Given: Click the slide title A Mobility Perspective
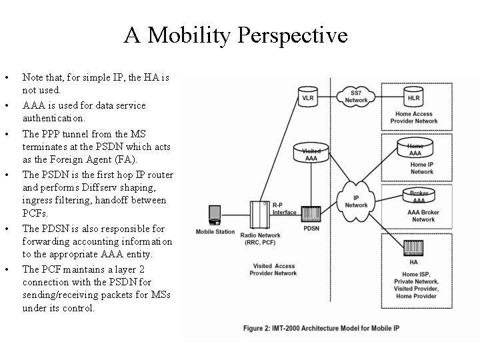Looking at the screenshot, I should tap(235, 35).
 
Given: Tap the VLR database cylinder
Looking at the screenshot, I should tap(307, 97).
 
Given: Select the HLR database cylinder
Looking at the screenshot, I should tap(413, 97).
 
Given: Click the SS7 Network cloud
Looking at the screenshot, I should tap(357, 96).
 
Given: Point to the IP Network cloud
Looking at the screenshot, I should tap(357, 201).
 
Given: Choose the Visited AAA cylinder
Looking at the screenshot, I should tap(311, 154).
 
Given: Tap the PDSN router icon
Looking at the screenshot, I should tap(312, 213).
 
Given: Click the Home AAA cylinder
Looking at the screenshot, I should tap(415, 149).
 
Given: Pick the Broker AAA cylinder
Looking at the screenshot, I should tap(418, 196).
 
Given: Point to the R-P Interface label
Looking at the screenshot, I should tap(284, 208).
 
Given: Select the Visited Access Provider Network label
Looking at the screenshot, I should tap(275, 269).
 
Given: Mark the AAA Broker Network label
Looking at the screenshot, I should tap(423, 215).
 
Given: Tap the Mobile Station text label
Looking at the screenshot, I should tap(215, 232).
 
